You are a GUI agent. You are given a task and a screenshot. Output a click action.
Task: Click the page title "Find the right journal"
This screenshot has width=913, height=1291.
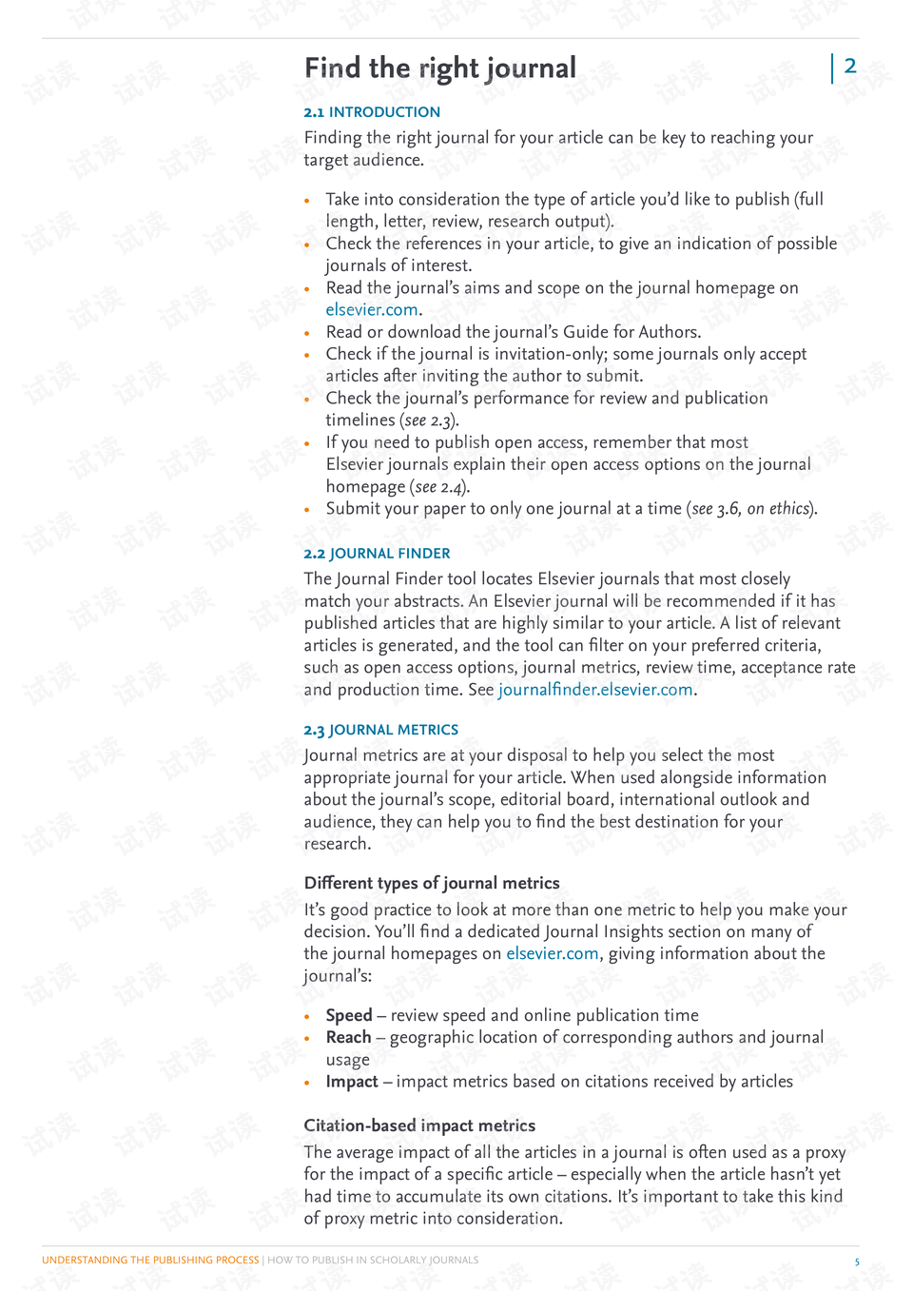[x=440, y=68]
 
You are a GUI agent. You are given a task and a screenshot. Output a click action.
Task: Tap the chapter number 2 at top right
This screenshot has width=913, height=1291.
[x=850, y=66]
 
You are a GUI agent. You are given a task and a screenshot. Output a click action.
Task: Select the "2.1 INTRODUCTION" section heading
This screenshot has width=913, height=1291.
[x=372, y=112]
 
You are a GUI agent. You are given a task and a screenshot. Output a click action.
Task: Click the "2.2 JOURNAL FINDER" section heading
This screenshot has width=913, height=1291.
[x=377, y=554]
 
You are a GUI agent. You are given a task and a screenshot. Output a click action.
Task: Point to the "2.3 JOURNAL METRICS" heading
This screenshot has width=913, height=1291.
[x=380, y=730]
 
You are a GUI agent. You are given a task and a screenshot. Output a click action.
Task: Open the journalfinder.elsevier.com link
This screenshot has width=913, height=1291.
[x=595, y=690]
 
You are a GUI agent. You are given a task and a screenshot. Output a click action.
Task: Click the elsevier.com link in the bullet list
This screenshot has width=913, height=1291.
[x=372, y=310]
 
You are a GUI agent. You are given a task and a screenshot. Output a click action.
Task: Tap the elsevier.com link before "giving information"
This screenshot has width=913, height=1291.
[x=552, y=953]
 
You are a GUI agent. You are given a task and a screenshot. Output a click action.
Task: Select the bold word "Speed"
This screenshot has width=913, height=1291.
[x=349, y=1015]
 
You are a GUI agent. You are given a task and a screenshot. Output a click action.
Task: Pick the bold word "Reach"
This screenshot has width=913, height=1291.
[x=348, y=1037]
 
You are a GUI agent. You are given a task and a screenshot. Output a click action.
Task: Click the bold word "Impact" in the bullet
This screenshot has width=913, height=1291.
[x=352, y=1082]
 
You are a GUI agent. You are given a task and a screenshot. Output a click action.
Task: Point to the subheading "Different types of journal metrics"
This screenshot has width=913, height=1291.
[x=432, y=883]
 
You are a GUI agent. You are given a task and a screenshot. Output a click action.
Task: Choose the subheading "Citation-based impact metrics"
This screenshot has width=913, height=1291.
[x=419, y=1125]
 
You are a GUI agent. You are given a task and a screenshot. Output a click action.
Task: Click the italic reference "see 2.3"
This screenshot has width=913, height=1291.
[x=429, y=421]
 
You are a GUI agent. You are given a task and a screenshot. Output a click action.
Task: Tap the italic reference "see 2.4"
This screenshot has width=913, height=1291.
[x=438, y=487]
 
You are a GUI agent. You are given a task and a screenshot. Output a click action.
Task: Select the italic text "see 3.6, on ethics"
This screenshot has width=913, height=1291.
[x=750, y=509]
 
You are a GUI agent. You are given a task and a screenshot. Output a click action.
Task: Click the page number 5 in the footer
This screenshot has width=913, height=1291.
[x=856, y=1262]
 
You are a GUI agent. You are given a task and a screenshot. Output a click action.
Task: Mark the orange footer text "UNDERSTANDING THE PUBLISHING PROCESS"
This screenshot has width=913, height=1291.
[x=150, y=1260]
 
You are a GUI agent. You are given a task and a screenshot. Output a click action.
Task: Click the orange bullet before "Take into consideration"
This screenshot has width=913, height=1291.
[x=307, y=201]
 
